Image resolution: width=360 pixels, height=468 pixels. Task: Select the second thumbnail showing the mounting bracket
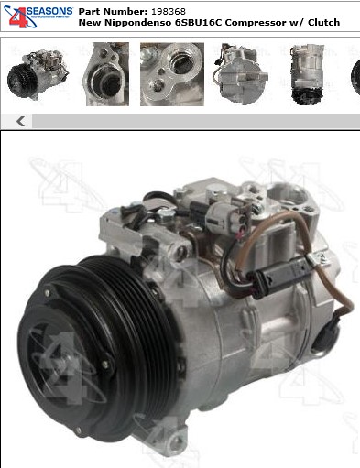(x=107, y=74)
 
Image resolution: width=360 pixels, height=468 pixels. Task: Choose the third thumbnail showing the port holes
(x=172, y=74)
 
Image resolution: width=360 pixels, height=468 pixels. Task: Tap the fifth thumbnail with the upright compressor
(x=308, y=74)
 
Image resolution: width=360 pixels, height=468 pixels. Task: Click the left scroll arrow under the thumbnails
(x=20, y=122)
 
